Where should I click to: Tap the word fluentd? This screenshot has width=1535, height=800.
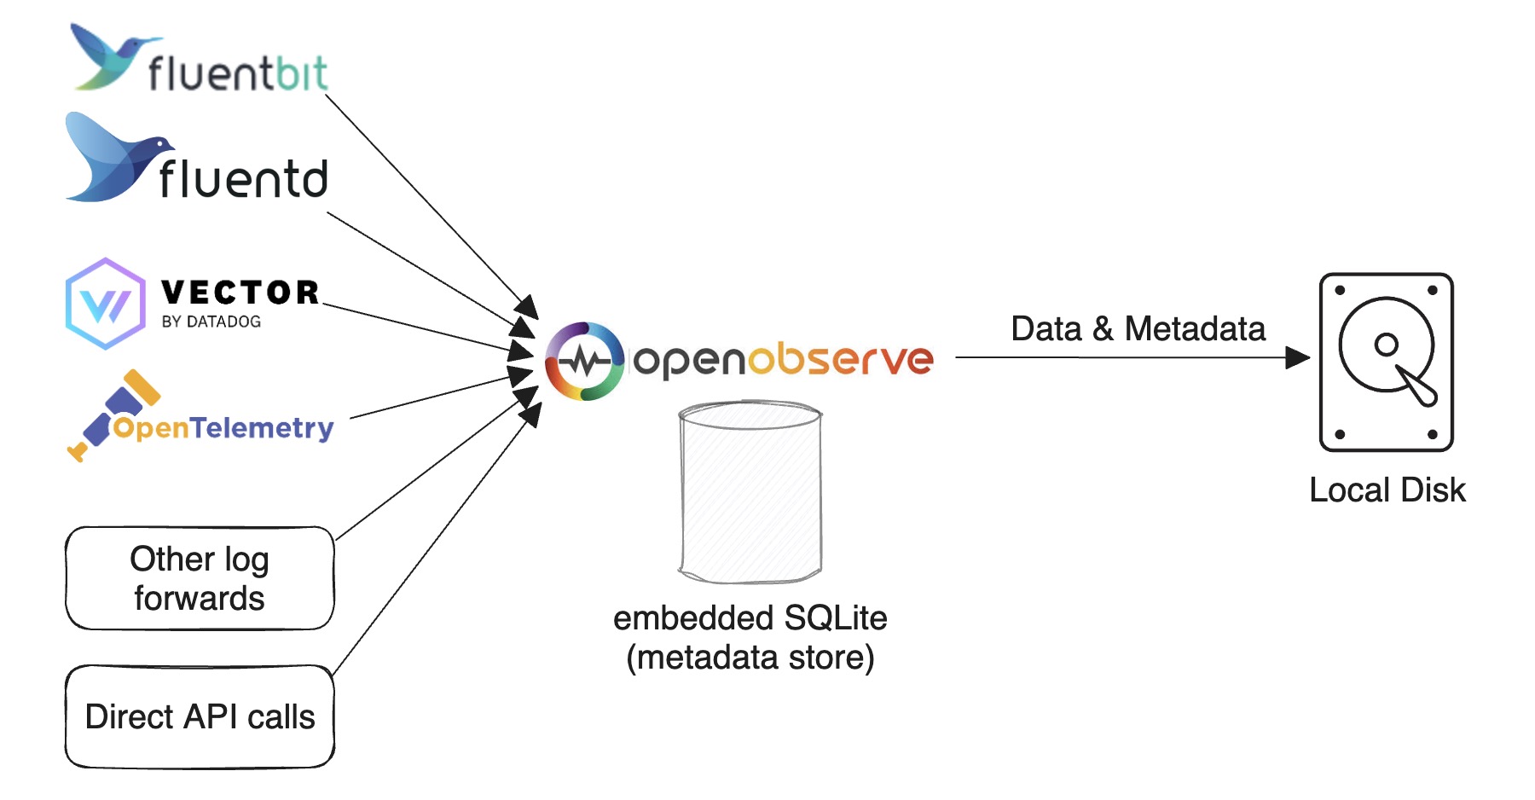click(243, 179)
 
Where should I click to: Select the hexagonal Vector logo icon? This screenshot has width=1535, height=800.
click(106, 304)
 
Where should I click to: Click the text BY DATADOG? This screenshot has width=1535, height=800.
click(211, 322)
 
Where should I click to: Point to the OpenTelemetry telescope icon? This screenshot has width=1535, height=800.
click(115, 414)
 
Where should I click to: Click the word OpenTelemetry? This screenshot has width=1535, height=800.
click(223, 427)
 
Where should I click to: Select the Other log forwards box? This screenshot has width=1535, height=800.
click(200, 578)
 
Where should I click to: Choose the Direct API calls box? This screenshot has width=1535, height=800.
click(200, 716)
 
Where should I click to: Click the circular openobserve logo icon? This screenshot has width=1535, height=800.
click(585, 361)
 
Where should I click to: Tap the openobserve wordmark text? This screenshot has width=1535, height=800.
click(784, 360)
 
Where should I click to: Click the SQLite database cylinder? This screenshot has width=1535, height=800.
click(750, 492)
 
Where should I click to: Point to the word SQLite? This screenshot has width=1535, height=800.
click(836, 617)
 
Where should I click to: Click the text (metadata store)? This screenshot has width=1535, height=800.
click(750, 658)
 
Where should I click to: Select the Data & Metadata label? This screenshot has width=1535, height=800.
click(1138, 328)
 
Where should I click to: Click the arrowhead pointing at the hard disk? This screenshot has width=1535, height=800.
click(1297, 357)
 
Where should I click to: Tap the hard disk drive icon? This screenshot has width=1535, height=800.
click(1386, 362)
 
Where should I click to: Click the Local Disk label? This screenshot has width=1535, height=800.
click(1387, 490)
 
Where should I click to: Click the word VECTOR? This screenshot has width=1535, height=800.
click(240, 293)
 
